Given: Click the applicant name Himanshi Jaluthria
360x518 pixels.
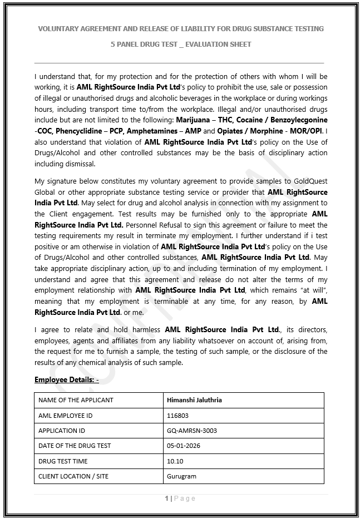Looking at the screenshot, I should pyautogui.click(x=194, y=399).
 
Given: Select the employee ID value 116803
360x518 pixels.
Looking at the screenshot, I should pyautogui.click(x=177, y=415).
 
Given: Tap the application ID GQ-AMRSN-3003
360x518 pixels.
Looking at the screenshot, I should pyautogui.click(x=192, y=430).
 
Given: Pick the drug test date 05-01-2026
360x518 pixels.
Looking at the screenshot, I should pyautogui.click(x=184, y=446).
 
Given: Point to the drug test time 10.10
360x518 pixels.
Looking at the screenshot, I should pyautogui.click(x=175, y=461).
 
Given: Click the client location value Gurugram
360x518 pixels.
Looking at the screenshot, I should pyautogui.click(x=181, y=476).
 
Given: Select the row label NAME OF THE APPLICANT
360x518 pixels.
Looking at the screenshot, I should pyautogui.click(x=76, y=399).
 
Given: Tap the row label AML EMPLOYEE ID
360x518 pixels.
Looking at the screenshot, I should pyautogui.click(x=65, y=415).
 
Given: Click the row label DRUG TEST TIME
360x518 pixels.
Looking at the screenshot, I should pyautogui.click(x=63, y=461).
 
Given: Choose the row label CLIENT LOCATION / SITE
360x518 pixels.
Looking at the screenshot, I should pyautogui.click(x=73, y=476).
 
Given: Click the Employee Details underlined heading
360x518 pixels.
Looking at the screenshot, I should pyautogui.click(x=66, y=379).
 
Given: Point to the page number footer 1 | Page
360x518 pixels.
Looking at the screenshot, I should pyautogui.click(x=180, y=499).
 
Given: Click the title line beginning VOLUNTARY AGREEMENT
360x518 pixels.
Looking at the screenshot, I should pyautogui.click(x=180, y=28).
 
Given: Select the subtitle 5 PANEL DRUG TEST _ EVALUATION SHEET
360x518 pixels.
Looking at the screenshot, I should pyautogui.click(x=180, y=44).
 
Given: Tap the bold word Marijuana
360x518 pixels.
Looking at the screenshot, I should pyautogui.click(x=193, y=120).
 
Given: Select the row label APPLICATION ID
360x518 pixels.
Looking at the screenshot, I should pyautogui.click(x=62, y=430).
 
